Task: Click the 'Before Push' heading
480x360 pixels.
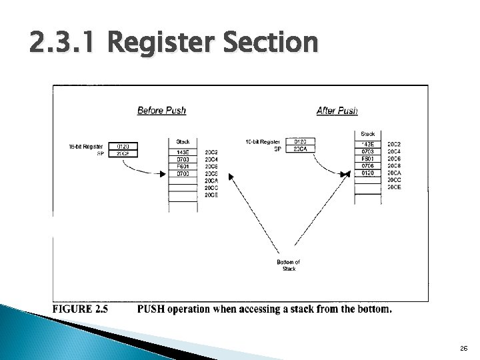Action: pos(161,110)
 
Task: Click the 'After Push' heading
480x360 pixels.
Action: pos(337,110)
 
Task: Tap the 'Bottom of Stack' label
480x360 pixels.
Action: pos(289,265)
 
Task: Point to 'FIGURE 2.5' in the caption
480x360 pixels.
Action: pos(80,309)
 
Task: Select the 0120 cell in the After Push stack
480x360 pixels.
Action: pos(367,173)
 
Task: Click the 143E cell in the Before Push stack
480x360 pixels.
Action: pos(183,152)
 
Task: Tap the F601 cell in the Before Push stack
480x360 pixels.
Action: pos(183,167)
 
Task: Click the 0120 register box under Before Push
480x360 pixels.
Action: pos(124,145)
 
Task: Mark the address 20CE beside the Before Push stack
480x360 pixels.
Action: pos(211,195)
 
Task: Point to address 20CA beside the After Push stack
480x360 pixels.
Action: pos(395,173)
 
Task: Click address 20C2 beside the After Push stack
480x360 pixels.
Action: pos(395,144)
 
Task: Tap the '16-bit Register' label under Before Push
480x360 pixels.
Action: pos(85,145)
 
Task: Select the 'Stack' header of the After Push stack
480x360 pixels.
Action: pos(367,134)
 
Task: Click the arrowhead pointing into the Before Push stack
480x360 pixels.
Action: pos(162,175)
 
